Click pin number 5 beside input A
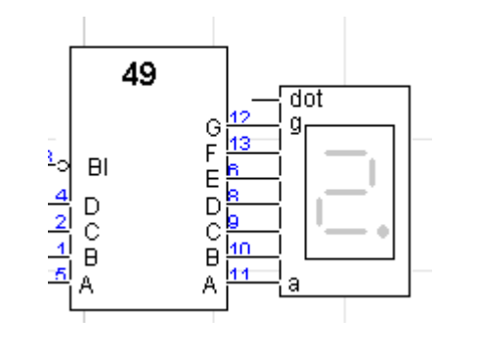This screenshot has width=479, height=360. tap(60, 277)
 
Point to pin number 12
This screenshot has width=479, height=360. tap(239, 118)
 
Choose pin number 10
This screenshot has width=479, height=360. tap(239, 250)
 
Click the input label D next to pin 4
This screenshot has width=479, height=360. tap(92, 205)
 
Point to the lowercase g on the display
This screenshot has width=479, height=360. tap(294, 122)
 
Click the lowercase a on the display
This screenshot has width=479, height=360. tap(294, 285)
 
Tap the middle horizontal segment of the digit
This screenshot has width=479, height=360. tap(347, 192)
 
